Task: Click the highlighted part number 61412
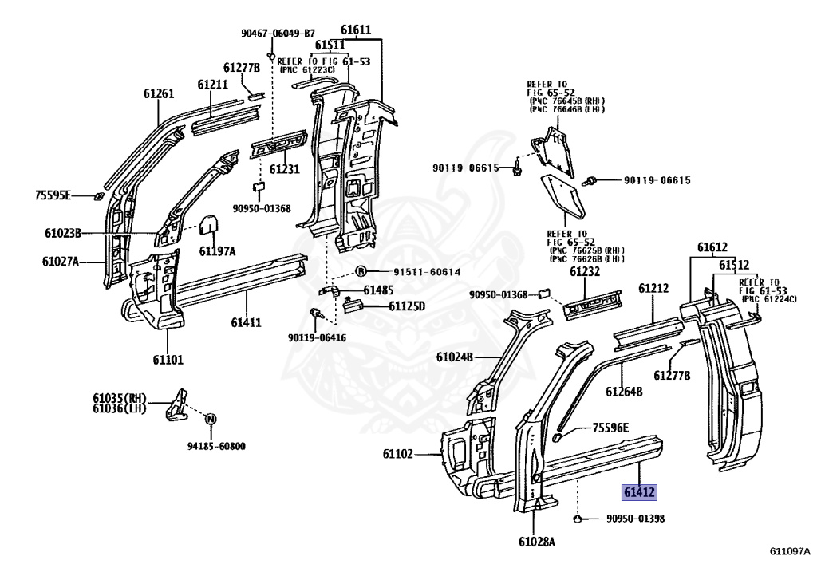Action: pos(640,492)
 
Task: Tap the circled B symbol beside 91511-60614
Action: pos(360,272)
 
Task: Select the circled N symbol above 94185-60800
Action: pos(211,418)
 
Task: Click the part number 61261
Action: pos(159,93)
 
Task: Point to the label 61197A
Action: pos(218,251)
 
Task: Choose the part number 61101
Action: pos(168,360)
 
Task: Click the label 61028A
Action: pos(535,542)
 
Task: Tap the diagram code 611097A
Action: pos(790,551)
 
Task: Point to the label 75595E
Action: pos(53,195)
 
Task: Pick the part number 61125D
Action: pos(407,306)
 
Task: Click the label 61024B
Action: pos(455,357)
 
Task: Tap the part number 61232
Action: pos(585,272)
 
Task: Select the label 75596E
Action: pos(610,428)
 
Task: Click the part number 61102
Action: pos(397,454)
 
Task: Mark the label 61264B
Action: pos(624,392)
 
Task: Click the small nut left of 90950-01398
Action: pos(577,519)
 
